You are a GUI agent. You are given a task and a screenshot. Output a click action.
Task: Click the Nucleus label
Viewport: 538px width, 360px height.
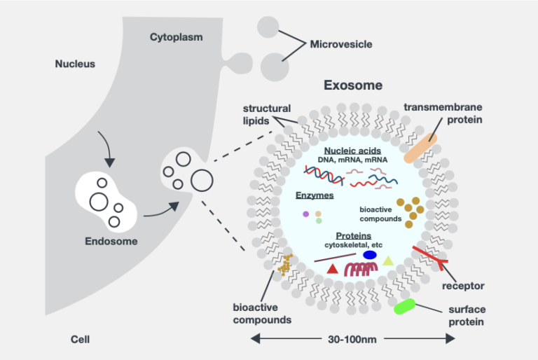tap(75, 64)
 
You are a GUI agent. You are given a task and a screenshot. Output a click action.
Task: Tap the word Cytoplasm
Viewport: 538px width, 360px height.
tap(177, 36)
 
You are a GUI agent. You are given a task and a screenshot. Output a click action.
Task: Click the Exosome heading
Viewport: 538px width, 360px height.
tap(352, 85)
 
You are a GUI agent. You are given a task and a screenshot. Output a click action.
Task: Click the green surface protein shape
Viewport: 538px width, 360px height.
tap(406, 307)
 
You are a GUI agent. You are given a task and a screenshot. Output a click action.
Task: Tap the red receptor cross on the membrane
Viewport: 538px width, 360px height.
tap(429, 257)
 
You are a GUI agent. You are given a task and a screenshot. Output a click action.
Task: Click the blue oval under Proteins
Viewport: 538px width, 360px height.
tap(370, 255)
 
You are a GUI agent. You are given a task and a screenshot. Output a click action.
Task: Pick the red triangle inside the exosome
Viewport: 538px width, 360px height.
tap(333, 268)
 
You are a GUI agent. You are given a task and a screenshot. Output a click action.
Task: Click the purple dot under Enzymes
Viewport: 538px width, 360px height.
tap(305, 214)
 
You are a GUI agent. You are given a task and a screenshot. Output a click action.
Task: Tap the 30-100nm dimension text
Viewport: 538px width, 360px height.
tap(352, 340)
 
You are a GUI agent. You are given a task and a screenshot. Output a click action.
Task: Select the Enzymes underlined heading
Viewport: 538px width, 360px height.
tap(314, 196)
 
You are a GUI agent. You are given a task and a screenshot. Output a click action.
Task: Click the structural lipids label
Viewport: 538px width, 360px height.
tap(266, 114)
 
